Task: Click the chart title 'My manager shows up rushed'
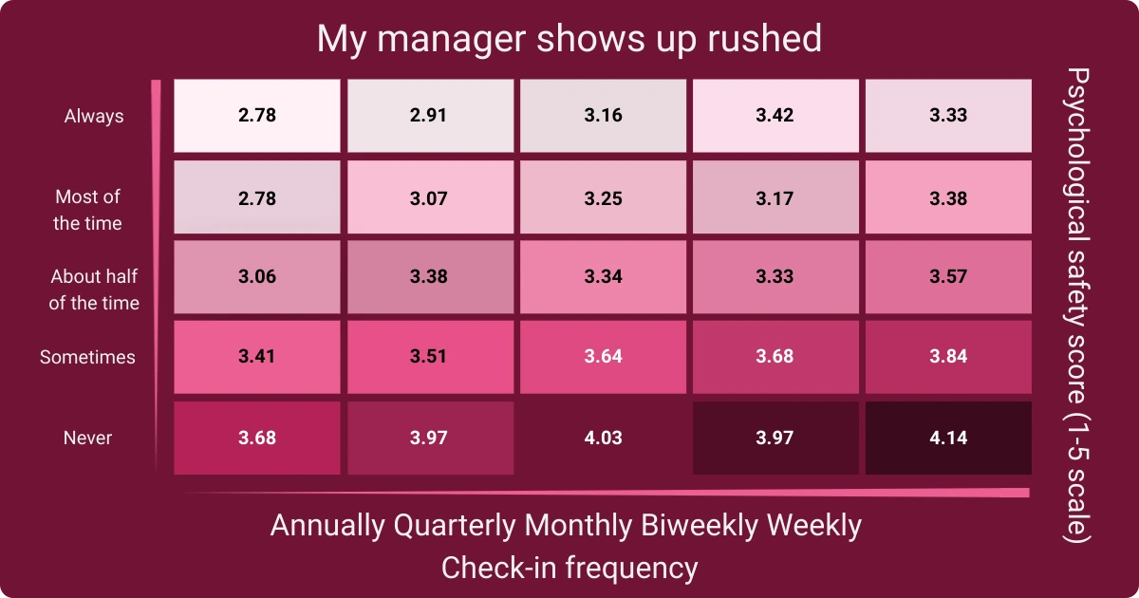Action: (569, 39)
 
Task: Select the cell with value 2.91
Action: (430, 116)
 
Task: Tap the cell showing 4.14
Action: (946, 438)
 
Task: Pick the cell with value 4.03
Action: (603, 438)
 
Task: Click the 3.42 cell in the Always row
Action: (775, 116)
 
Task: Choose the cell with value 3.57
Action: (946, 276)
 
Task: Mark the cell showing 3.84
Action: (946, 357)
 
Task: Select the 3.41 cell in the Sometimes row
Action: (257, 357)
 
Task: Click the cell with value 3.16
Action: (603, 116)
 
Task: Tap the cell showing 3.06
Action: (257, 276)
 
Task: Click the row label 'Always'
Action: (94, 116)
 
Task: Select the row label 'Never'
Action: (87, 438)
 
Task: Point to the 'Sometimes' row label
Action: (87, 357)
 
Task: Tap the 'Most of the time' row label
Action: (87, 210)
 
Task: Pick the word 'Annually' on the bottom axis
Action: (327, 525)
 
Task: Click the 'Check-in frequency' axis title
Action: (569, 568)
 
